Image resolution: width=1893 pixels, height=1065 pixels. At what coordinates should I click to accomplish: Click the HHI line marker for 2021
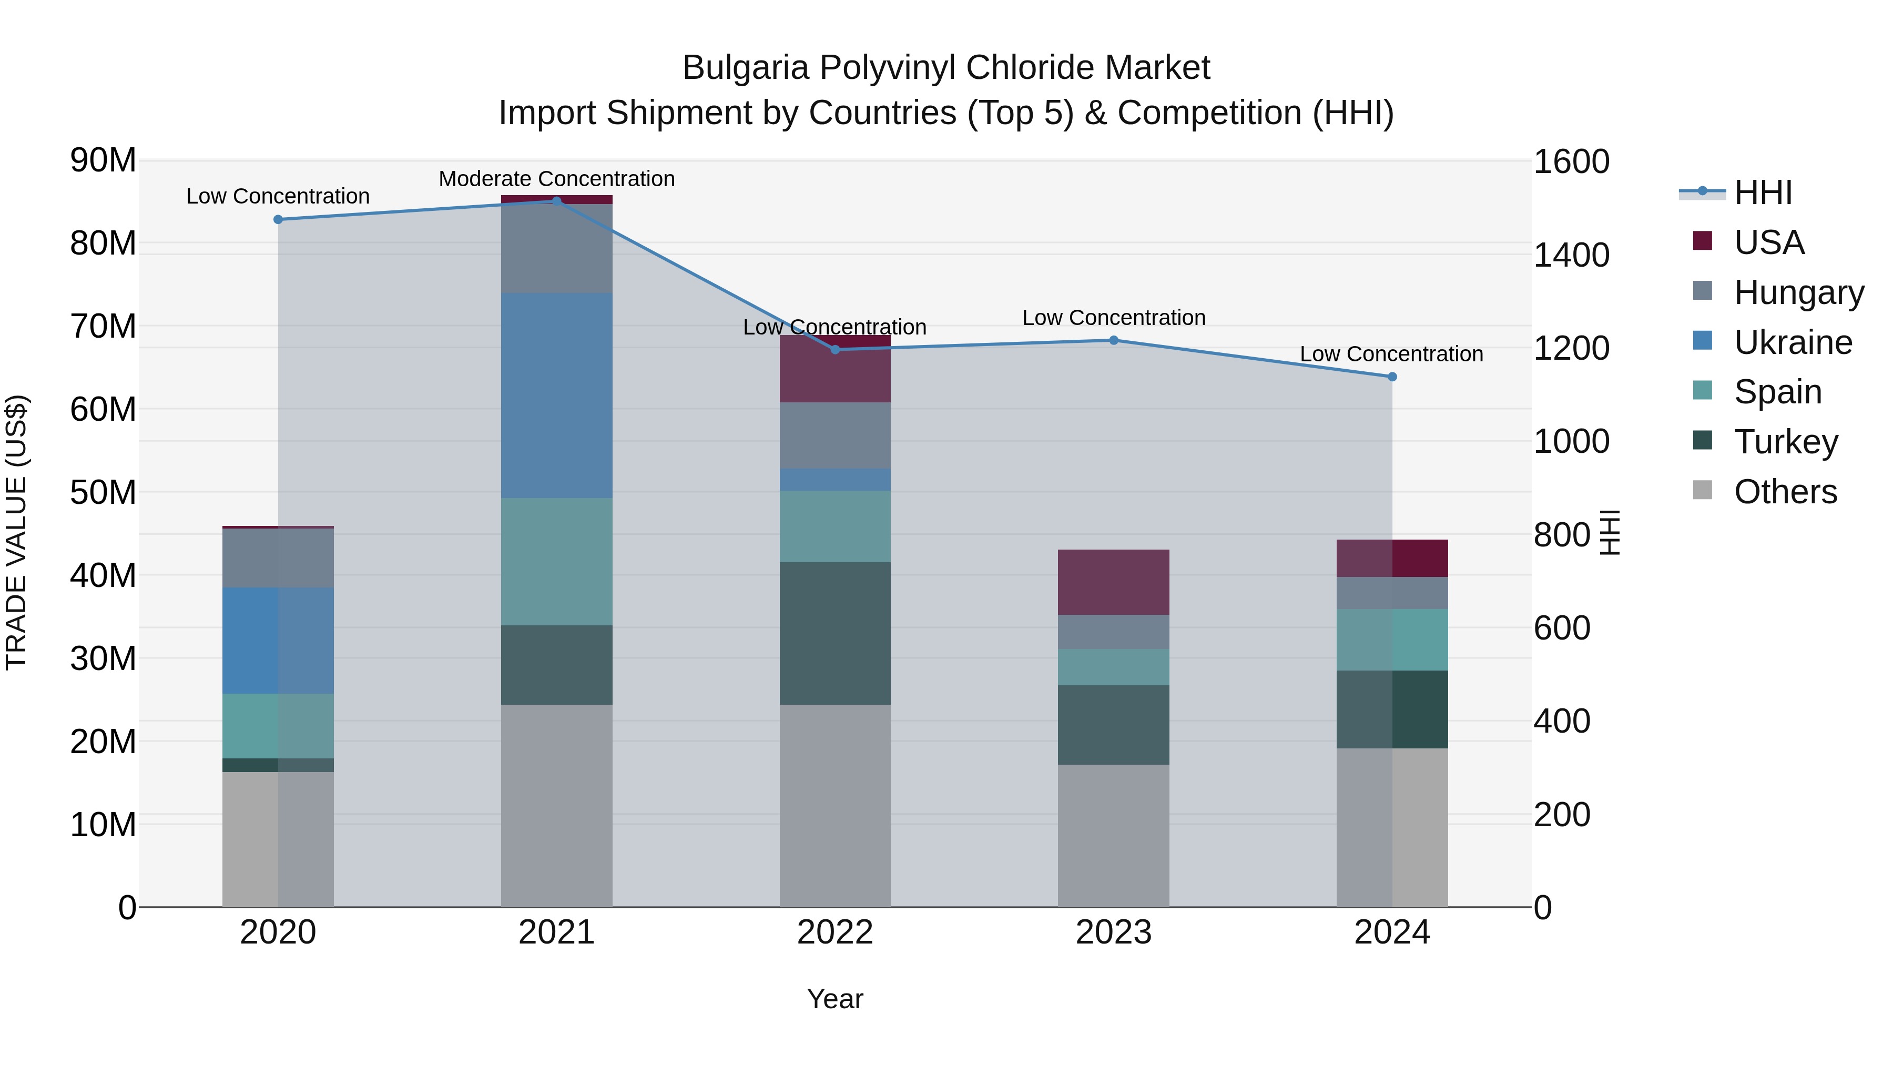pyautogui.click(x=556, y=201)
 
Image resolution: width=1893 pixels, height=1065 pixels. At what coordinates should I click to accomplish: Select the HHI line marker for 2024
pyautogui.click(x=1392, y=377)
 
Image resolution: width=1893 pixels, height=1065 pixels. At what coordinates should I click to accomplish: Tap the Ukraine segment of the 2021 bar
pyautogui.click(x=556, y=395)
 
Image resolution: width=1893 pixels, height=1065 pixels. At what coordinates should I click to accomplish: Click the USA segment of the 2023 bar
pyautogui.click(x=1113, y=582)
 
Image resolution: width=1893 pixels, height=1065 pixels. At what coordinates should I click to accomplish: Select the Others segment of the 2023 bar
pyautogui.click(x=1113, y=836)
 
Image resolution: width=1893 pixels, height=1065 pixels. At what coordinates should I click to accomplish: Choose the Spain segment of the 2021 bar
pyautogui.click(x=556, y=562)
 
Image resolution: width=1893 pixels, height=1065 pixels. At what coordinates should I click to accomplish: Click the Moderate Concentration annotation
pyautogui.click(x=556, y=179)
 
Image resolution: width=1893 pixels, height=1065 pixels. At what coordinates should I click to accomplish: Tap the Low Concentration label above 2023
pyautogui.click(x=1113, y=318)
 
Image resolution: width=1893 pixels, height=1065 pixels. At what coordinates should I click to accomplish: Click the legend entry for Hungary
pyautogui.click(x=1797, y=292)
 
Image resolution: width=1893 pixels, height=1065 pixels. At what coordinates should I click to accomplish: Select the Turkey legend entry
pyautogui.click(x=1785, y=442)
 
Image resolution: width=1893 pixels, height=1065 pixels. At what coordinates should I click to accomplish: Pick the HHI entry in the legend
pyautogui.click(x=1762, y=192)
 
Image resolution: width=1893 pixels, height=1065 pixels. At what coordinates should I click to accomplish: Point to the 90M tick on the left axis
pyautogui.click(x=103, y=160)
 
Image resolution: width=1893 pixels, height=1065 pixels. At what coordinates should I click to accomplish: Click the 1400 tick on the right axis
pyautogui.click(x=1571, y=255)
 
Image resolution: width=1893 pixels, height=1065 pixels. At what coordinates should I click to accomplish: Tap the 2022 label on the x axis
pyautogui.click(x=835, y=932)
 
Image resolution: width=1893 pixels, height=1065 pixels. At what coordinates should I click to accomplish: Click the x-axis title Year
pyautogui.click(x=835, y=999)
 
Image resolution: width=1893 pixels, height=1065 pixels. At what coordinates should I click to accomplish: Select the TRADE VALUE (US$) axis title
pyautogui.click(x=16, y=532)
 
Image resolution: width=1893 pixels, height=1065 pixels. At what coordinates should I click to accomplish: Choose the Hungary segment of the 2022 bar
pyautogui.click(x=835, y=435)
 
